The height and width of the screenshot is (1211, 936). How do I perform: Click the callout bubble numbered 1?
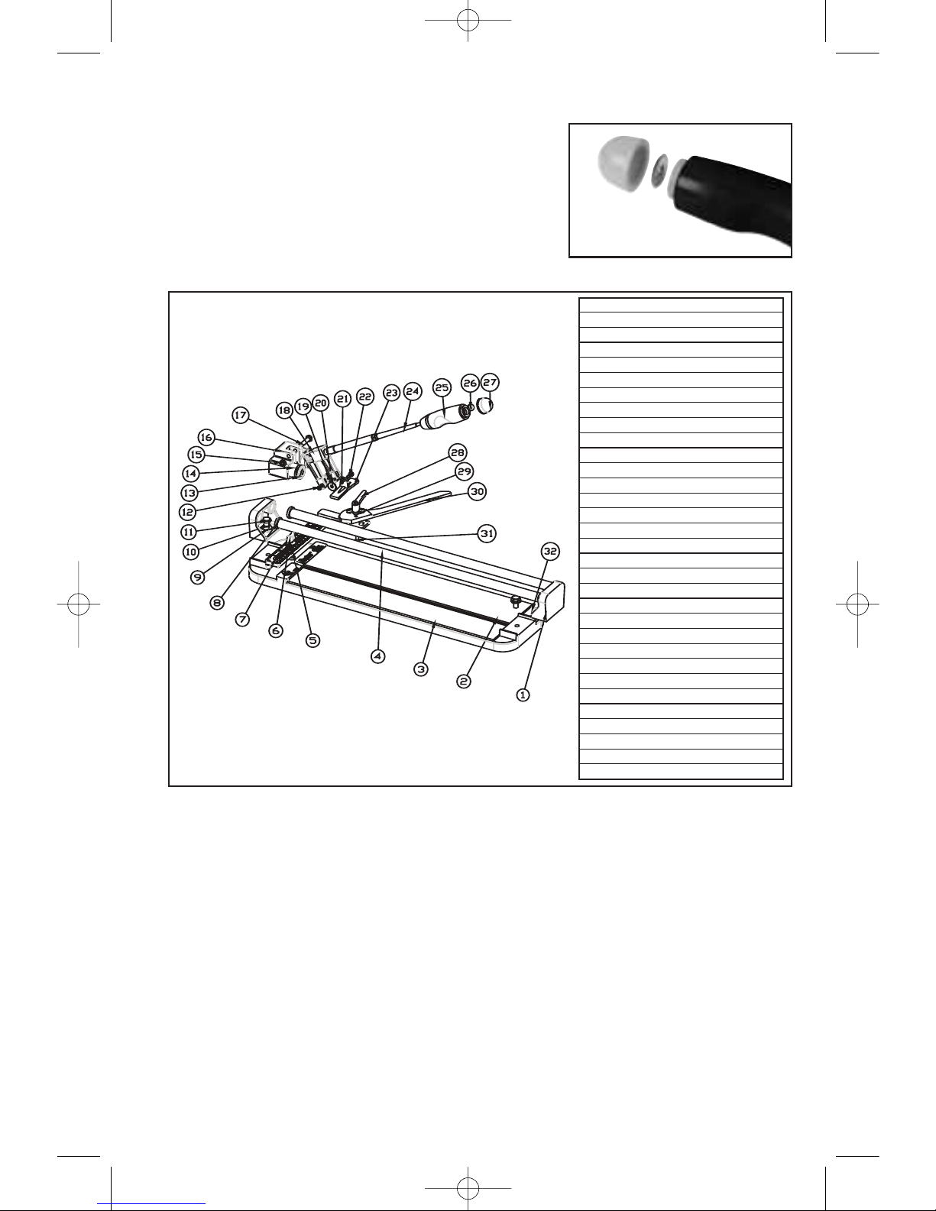click(523, 695)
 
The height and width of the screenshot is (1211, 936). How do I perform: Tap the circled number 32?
click(550, 551)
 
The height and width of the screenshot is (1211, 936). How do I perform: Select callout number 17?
click(240, 415)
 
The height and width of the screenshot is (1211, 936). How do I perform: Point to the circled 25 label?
click(442, 387)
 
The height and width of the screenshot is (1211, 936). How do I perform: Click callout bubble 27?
click(490, 382)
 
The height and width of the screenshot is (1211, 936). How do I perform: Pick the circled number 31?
click(487, 533)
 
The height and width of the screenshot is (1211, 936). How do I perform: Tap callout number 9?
click(197, 577)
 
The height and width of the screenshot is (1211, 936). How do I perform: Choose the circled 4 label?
click(377, 656)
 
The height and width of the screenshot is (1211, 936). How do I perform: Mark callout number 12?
click(188, 512)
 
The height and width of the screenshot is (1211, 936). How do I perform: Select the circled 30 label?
click(477, 491)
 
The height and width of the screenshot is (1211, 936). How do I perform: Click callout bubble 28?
click(458, 452)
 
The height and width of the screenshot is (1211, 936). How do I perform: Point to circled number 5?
click(313, 640)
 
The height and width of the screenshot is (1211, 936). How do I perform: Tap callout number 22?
click(365, 397)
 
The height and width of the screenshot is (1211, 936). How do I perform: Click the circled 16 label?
click(206, 437)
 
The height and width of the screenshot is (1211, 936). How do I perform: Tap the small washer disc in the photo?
click(659, 170)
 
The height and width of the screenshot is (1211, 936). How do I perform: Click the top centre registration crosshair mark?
click(468, 21)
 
